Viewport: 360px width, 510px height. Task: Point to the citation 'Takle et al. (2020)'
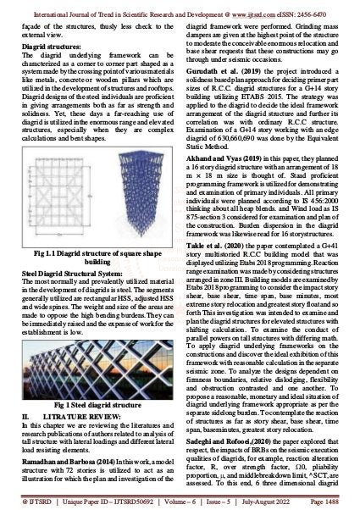(217, 263)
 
